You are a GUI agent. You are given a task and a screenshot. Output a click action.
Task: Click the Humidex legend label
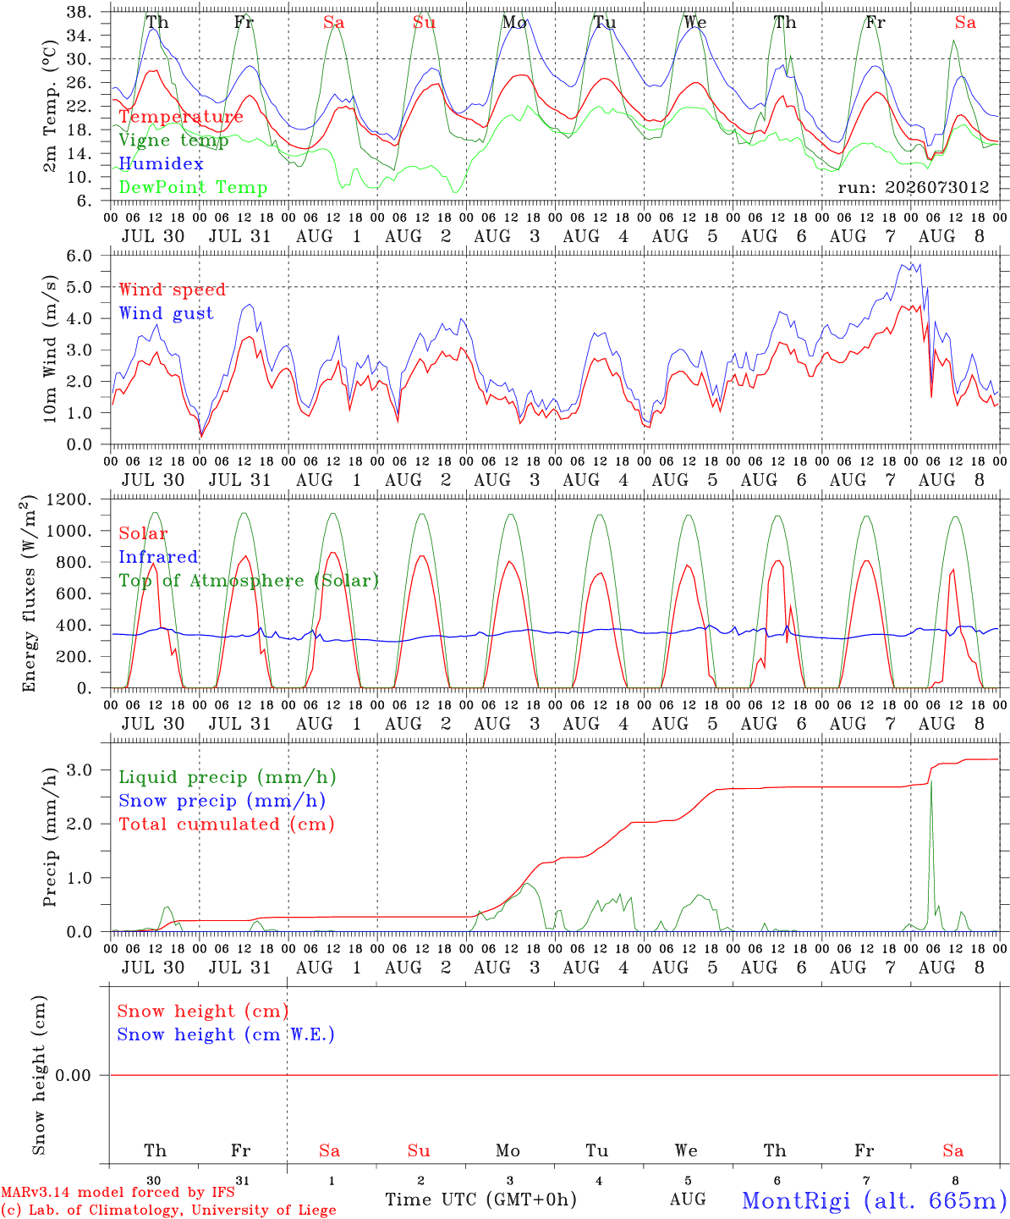161,163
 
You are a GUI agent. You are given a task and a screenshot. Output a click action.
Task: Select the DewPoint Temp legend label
193,187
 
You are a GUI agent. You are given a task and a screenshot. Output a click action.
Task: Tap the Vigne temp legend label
174,141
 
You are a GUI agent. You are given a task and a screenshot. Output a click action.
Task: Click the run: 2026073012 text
913,187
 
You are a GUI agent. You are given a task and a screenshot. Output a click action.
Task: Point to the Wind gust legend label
167,313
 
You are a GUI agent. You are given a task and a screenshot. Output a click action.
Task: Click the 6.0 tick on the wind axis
79,256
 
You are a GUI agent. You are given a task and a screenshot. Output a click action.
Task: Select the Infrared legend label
158,557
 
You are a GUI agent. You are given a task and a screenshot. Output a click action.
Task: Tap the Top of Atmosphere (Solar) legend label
250,581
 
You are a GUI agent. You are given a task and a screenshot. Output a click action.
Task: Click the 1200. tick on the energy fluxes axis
69,499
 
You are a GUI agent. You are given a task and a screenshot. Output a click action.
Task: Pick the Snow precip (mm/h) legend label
222,801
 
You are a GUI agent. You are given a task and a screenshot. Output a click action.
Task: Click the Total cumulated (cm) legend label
227,824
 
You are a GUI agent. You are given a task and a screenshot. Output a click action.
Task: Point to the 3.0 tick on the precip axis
80,770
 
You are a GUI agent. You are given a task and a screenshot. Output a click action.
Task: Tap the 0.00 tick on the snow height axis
73,1075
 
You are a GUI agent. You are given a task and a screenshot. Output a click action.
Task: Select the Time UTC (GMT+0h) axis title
480,1199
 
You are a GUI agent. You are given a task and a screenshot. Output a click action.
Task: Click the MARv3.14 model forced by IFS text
118,1192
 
